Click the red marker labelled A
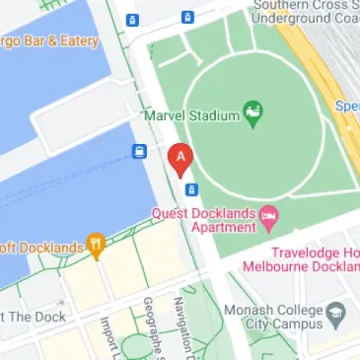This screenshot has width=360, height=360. pos(180,159)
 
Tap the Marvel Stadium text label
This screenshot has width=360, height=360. pos(191,115)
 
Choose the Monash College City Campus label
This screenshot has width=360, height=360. pos(281,314)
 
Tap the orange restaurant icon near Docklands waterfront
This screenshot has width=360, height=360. pos(96,245)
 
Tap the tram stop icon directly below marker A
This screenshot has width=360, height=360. pos(191,188)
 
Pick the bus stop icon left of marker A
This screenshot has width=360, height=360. pos(139,152)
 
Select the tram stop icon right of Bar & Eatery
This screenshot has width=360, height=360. pos(133,20)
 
